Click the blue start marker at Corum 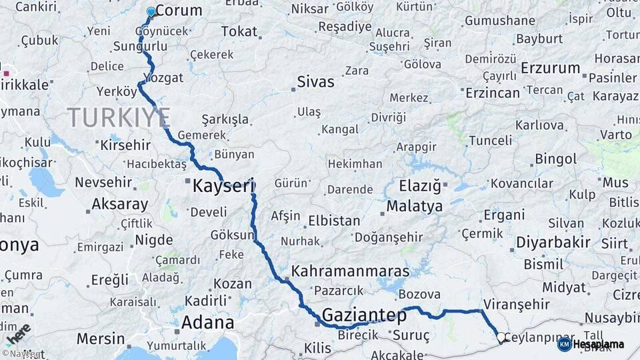[151, 11]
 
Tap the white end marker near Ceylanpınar [501, 337]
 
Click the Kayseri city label [223, 186]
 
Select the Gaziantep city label [364, 315]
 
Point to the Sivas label [315, 82]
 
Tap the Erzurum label [551, 68]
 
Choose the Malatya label [414, 206]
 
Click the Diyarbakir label [553, 242]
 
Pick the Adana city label [207, 323]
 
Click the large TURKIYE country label [119, 117]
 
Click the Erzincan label [493, 92]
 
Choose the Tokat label [239, 31]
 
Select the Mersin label [101, 339]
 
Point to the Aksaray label [119, 204]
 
